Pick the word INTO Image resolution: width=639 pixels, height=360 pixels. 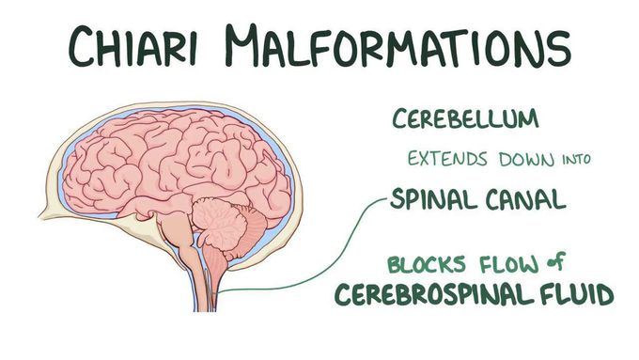[x=571, y=160]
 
